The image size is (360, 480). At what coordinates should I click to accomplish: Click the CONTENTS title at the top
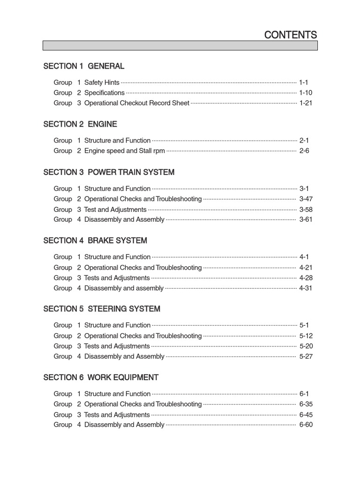pos(290,35)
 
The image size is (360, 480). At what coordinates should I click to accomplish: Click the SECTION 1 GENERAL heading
pos(83,66)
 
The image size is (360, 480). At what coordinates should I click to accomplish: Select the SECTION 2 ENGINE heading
pos(80,124)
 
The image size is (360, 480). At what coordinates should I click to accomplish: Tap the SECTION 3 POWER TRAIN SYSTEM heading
pos(109,172)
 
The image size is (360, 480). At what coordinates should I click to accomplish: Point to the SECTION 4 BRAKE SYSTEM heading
pos(95,240)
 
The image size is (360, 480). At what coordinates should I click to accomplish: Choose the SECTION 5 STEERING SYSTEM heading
pos(102,309)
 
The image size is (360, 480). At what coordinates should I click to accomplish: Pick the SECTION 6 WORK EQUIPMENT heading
pos(101,377)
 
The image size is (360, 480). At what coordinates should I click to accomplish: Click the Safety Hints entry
pos(102,82)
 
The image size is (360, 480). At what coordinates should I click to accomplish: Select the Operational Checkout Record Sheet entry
pos(136,103)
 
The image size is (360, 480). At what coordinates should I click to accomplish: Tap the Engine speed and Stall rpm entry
pos(124,151)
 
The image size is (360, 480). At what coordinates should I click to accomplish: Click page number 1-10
pos(306,93)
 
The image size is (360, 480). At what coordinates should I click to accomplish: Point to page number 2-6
pos(304,151)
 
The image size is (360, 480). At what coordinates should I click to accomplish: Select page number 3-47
pos(306,199)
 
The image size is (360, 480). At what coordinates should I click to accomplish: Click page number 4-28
pos(306,278)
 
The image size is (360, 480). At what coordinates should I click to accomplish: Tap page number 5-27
pos(306,357)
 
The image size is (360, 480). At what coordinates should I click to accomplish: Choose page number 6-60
pos(306,425)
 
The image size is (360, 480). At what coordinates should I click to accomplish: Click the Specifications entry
pos(104,93)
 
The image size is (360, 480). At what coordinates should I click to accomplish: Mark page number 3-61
pos(306,219)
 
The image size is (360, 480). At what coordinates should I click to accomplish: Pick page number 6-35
pos(306,404)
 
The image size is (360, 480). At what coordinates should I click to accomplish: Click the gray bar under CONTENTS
pos(180,45)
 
